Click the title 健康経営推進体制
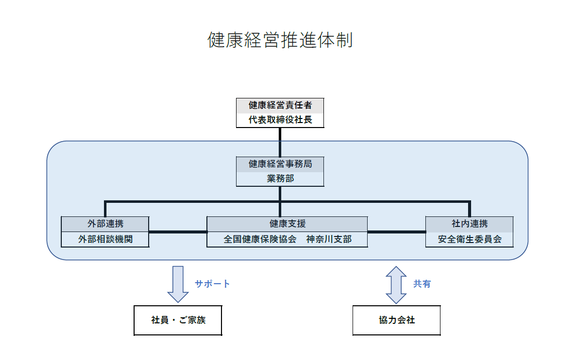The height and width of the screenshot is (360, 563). [280, 40]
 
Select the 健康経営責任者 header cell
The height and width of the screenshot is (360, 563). [280, 105]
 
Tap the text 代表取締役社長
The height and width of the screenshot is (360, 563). [280, 121]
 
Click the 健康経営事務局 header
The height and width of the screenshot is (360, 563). [280, 164]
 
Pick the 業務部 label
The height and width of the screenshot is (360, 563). [280, 179]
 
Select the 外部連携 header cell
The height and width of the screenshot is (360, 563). [105, 224]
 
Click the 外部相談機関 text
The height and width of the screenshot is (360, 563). [105, 239]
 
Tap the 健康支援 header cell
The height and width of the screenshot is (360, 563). [287, 224]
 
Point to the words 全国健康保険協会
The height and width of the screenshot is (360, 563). [260, 239]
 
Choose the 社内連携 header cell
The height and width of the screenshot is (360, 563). [469, 224]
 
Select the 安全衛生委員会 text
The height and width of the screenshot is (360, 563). [469, 239]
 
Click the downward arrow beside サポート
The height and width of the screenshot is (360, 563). [178, 284]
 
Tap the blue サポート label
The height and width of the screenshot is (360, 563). [212, 284]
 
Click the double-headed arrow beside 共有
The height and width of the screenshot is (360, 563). [396, 285]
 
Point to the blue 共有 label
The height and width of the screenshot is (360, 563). [422, 284]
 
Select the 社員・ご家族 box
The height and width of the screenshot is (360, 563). [178, 320]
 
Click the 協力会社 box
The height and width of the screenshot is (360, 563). [396, 320]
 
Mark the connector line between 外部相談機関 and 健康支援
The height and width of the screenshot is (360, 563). [178, 232]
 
